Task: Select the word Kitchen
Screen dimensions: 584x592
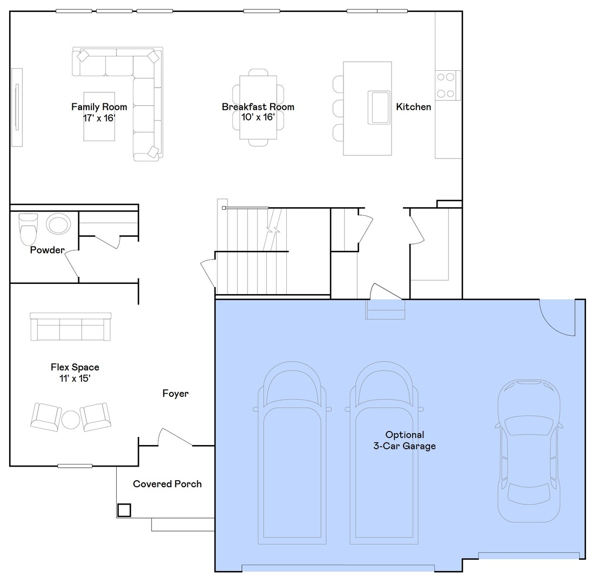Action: click(413, 107)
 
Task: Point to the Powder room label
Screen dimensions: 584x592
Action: click(48, 250)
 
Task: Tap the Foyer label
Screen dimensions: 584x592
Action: click(176, 394)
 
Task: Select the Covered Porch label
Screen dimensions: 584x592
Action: click(167, 484)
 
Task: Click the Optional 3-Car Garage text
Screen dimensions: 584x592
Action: click(405, 440)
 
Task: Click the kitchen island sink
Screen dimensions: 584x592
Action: click(379, 108)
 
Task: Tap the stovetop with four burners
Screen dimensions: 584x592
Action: click(447, 85)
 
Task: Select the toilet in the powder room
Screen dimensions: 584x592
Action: click(28, 228)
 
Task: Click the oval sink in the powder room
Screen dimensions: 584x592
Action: click(58, 224)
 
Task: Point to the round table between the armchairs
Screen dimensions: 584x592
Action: click(71, 420)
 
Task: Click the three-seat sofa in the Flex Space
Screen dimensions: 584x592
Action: click(71, 327)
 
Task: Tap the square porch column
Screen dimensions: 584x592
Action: click(124, 510)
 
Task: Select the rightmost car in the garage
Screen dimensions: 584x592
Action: click(529, 450)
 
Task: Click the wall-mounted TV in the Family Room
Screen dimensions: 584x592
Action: click(17, 107)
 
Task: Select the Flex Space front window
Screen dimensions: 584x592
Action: click(75, 466)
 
